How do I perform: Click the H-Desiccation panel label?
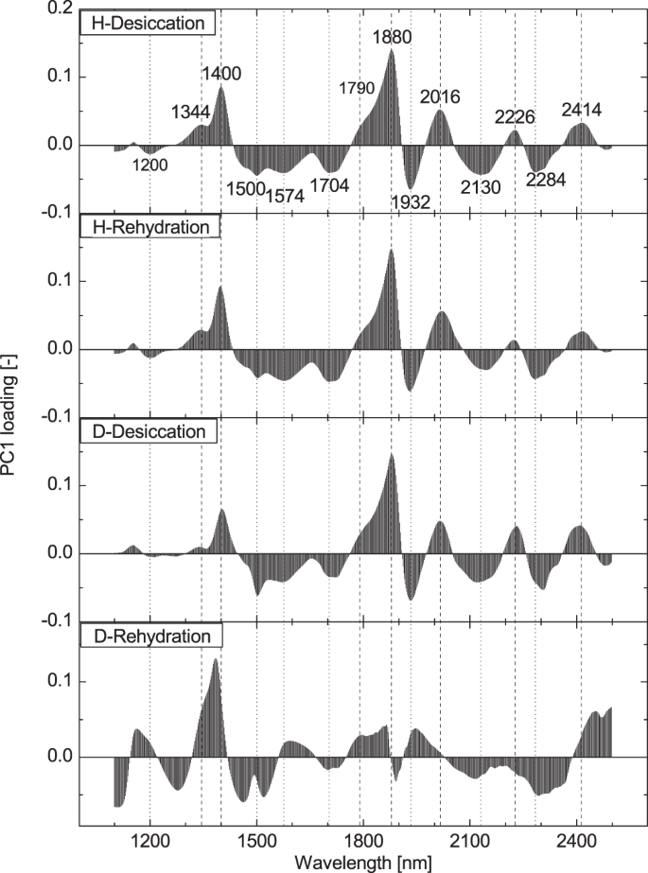(x=149, y=22)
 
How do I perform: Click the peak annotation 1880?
(x=392, y=38)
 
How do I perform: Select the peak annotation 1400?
(x=221, y=74)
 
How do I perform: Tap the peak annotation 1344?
(x=190, y=113)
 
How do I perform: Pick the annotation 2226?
(x=515, y=117)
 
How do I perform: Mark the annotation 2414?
(x=582, y=110)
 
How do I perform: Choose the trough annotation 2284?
(x=546, y=181)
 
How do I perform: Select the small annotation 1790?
(x=358, y=89)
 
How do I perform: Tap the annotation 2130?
(x=481, y=187)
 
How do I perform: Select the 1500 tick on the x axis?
(x=256, y=838)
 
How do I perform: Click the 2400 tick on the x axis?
(x=576, y=838)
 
